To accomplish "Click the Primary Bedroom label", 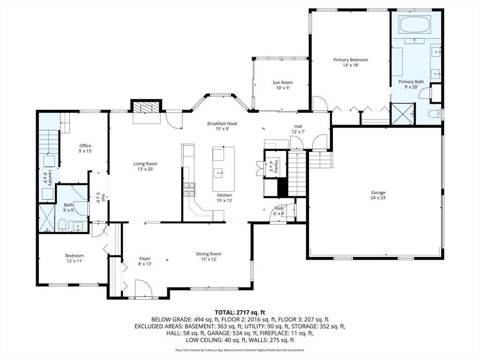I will click(x=350, y=60).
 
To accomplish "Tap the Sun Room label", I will click(x=283, y=82).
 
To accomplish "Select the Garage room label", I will click(x=378, y=193).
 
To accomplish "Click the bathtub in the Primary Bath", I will click(x=414, y=24).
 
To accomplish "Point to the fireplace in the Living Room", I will click(x=146, y=108).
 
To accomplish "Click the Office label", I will click(x=85, y=146).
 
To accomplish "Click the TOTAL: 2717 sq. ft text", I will click(x=240, y=312).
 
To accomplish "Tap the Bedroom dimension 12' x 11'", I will click(x=75, y=261).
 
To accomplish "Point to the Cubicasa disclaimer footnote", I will click(x=240, y=350).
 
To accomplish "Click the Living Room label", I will click(x=145, y=164).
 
